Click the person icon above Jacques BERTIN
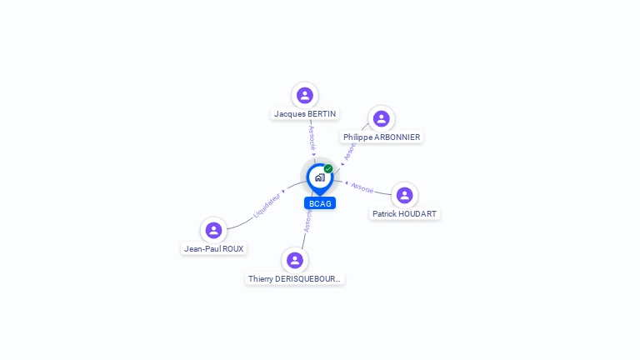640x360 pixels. click(305, 95)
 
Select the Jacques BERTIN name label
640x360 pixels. click(305, 113)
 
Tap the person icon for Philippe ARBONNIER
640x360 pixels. click(381, 118)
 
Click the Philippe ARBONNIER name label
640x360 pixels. click(382, 137)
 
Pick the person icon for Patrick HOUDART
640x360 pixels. click(404, 195)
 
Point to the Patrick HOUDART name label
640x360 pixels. click(404, 213)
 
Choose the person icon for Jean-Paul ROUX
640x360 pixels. click(213, 230)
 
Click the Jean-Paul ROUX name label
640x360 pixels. click(214, 248)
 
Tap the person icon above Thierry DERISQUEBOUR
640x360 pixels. click(294, 260)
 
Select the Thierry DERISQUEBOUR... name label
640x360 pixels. click(295, 278)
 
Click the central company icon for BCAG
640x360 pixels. click(319, 177)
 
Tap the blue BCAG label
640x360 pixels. click(320, 203)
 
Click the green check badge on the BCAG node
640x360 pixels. click(328, 168)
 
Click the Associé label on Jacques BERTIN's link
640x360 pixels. click(312, 137)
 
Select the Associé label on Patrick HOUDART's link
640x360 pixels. click(362, 187)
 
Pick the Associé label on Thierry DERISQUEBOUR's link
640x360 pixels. click(307, 221)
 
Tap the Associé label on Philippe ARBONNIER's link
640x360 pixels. click(350, 150)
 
